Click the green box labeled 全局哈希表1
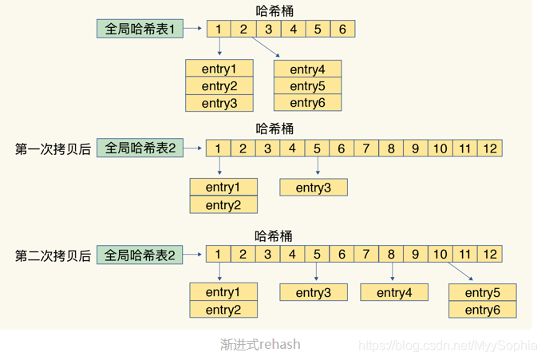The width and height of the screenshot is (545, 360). [140, 30]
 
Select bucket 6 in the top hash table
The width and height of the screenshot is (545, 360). [342, 30]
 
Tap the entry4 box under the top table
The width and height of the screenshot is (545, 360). [306, 69]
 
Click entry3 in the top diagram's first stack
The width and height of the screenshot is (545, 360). [219, 103]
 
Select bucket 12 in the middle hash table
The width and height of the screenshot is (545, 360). [490, 148]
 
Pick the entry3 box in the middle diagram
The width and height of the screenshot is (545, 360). [314, 188]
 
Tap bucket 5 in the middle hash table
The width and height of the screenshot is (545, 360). [317, 148]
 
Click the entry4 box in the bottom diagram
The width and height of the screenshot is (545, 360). [393, 293]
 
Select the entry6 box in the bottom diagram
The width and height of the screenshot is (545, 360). [482, 310]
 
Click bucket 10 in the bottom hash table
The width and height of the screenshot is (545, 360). [440, 255]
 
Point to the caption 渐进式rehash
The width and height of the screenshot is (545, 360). [261, 345]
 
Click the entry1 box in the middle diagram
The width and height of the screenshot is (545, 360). [223, 188]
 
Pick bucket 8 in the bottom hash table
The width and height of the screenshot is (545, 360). [391, 255]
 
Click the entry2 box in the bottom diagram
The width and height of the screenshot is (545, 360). [223, 310]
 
